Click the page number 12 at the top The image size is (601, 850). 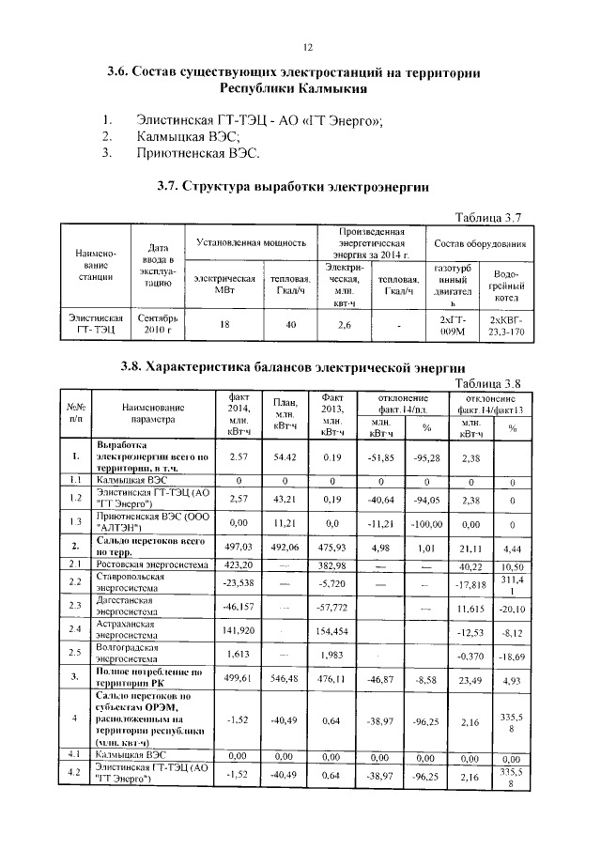click(x=306, y=47)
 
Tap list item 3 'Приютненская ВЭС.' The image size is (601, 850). click(x=197, y=152)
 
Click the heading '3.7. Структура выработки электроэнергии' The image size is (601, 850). click(x=292, y=188)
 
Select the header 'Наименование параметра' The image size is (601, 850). click(x=151, y=413)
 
